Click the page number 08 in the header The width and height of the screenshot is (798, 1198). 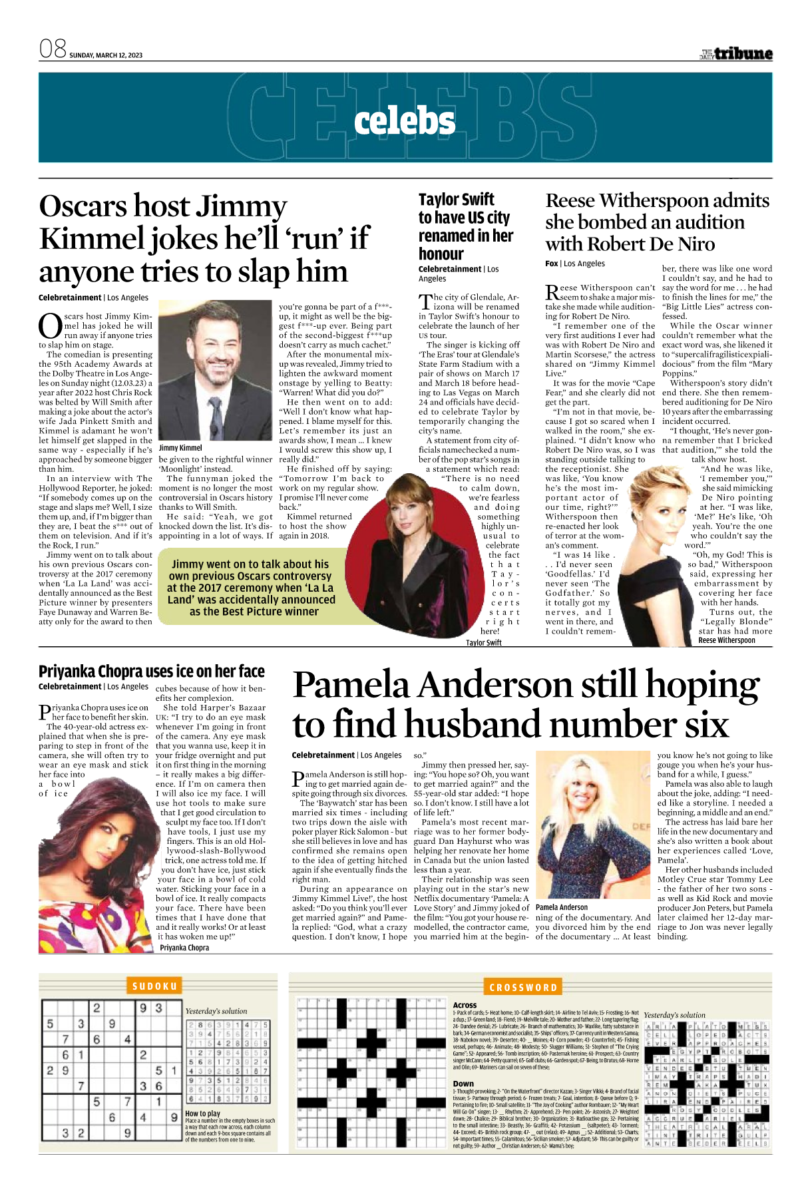[x=53, y=49]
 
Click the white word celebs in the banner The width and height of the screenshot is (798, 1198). [x=405, y=121]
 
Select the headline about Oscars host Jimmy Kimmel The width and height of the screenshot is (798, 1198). [x=204, y=238]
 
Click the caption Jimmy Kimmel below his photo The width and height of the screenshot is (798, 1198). [x=180, y=448]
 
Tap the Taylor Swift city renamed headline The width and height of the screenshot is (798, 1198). [x=465, y=226]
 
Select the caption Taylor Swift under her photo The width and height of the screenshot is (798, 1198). [x=483, y=643]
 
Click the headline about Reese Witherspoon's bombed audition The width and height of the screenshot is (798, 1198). [x=657, y=222]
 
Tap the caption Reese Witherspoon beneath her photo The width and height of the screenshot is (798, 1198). [x=726, y=640]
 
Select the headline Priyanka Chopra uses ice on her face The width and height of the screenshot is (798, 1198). [x=152, y=671]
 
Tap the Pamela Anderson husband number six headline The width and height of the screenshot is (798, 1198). [x=526, y=704]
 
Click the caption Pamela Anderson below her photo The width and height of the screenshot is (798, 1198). [x=561, y=907]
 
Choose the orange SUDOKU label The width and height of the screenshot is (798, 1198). [x=154, y=986]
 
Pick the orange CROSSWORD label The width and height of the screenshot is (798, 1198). [x=522, y=988]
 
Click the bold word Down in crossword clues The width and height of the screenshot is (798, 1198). [x=463, y=1084]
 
